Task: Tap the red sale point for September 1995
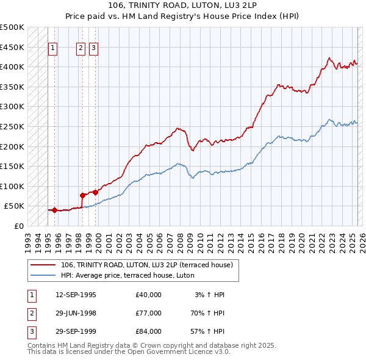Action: pyautogui.click(x=54, y=210)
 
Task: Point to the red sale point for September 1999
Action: pyautogui.click(x=96, y=192)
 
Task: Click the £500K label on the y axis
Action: pyautogui.click(x=12, y=27)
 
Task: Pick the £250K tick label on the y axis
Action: pyautogui.click(x=12, y=126)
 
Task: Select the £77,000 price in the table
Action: pyautogui.click(x=148, y=312)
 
